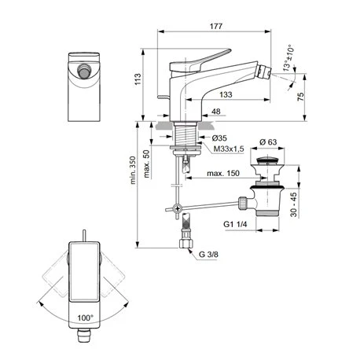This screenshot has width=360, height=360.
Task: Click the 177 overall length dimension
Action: click(215, 28)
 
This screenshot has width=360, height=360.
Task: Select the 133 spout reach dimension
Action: click(226, 94)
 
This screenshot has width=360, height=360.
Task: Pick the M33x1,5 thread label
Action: click(227, 148)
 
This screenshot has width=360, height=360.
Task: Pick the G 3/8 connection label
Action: click(209, 255)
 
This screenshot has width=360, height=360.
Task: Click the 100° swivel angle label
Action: click(86, 318)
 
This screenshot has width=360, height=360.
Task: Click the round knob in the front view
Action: click(81, 74)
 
